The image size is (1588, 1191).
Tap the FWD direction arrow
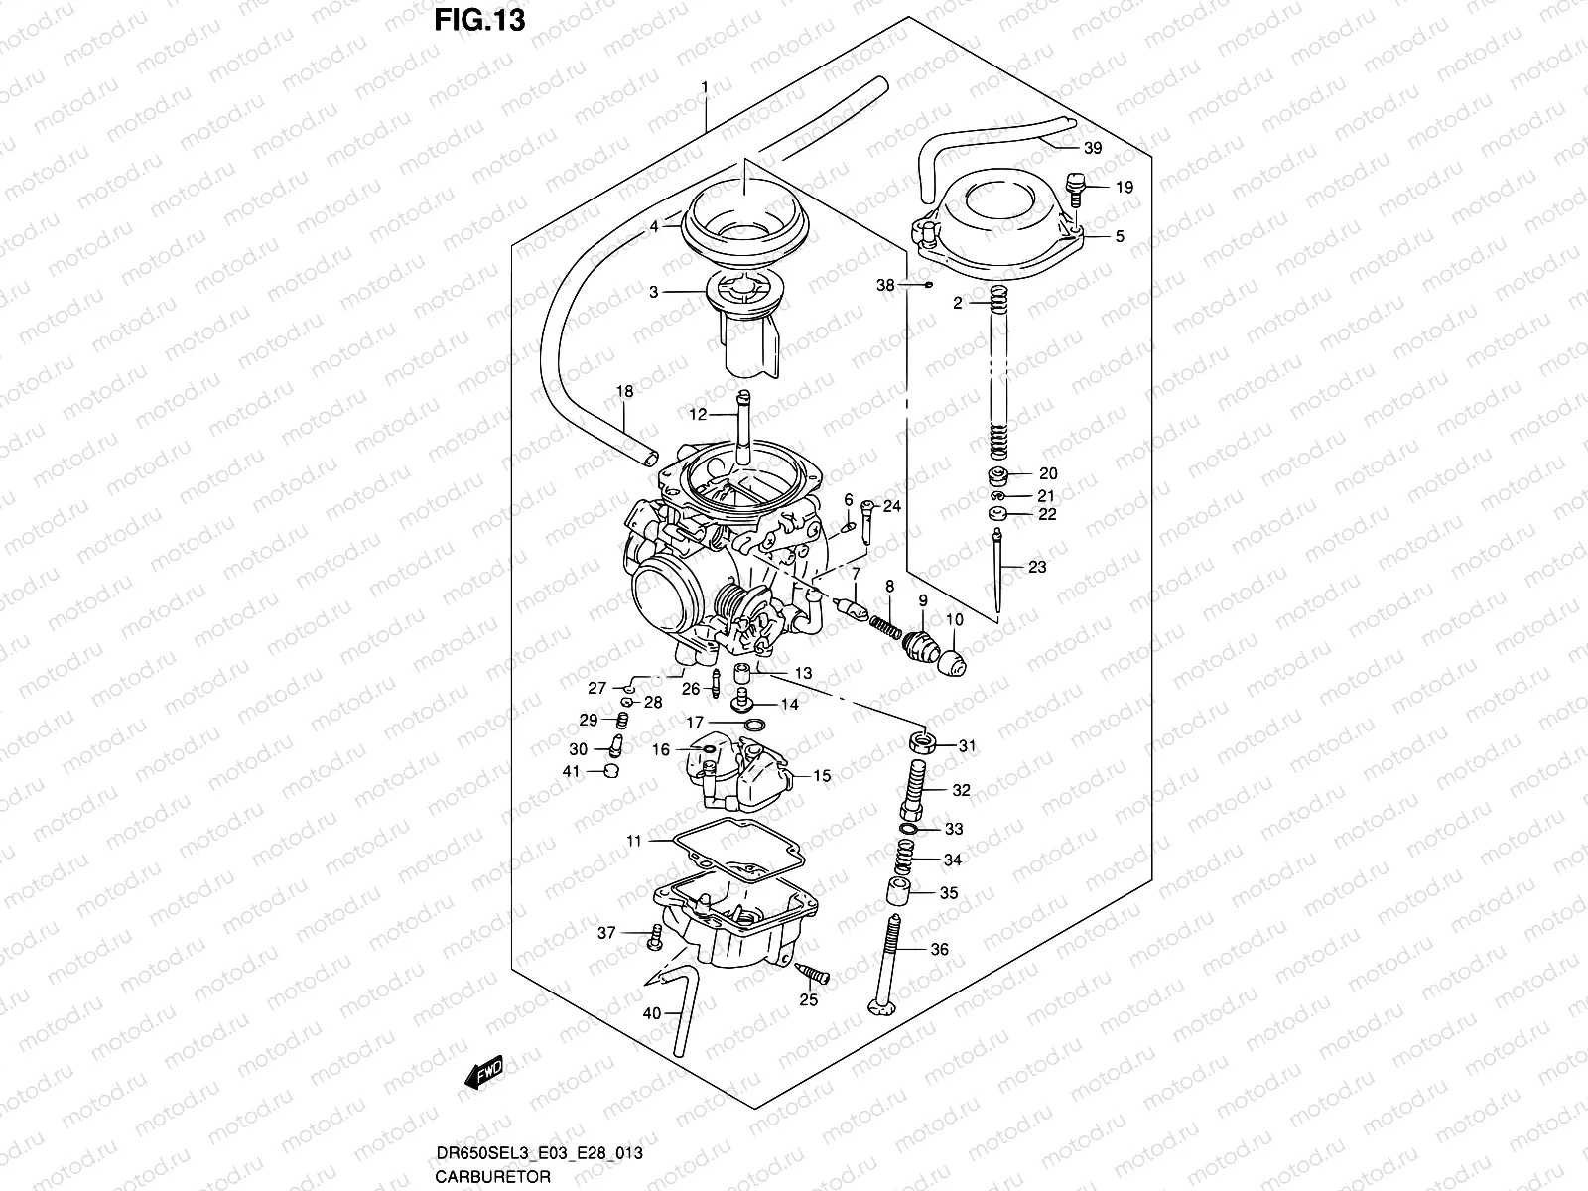pyautogui.click(x=486, y=1074)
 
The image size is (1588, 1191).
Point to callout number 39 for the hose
pyautogui.click(x=1092, y=149)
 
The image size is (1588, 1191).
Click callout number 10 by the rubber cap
pyautogui.click(x=954, y=620)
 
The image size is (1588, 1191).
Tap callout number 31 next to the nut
pyautogui.click(x=967, y=746)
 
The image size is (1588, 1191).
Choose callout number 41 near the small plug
pyautogui.click(x=571, y=771)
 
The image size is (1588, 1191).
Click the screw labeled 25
pyautogui.click(x=815, y=978)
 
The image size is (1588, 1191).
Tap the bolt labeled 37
pyautogui.click(x=656, y=933)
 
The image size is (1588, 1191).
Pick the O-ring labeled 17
pyautogui.click(x=752, y=726)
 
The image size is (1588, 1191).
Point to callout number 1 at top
pyautogui.click(x=704, y=87)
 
